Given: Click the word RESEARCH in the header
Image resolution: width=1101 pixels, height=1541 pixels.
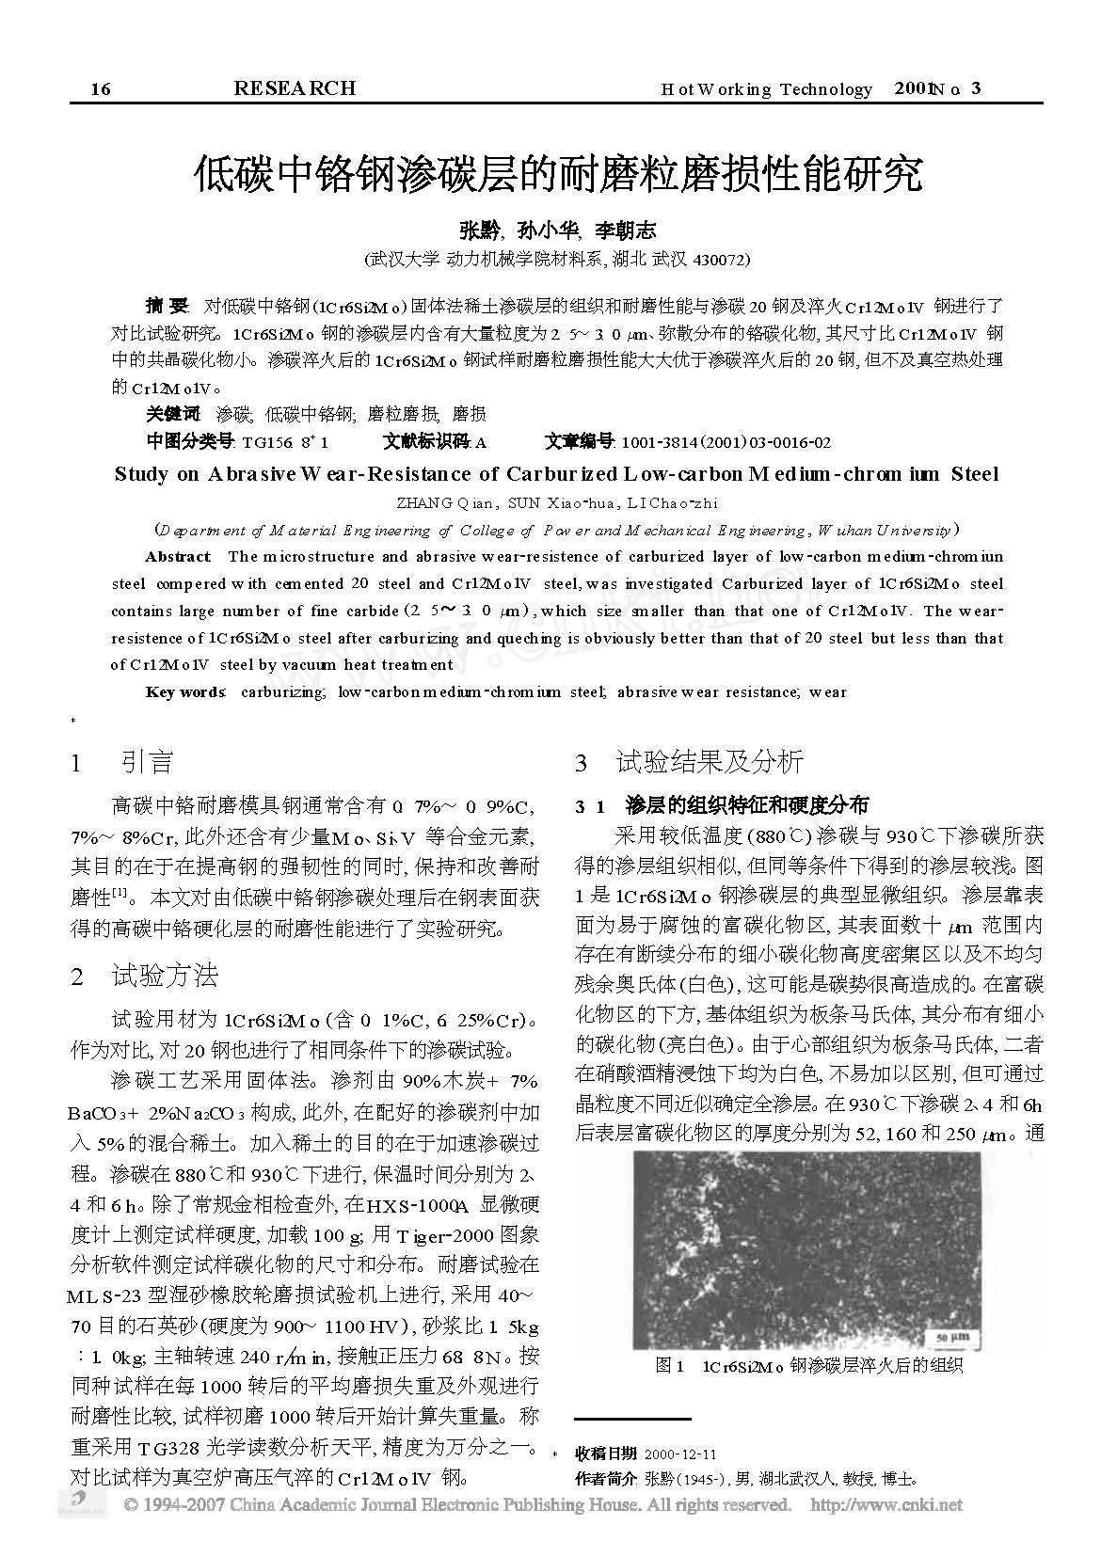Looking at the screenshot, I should click(x=294, y=88).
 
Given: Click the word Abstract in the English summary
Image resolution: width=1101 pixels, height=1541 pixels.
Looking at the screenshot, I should click(x=179, y=557).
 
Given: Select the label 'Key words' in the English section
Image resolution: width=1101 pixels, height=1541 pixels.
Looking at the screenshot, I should click(x=185, y=692).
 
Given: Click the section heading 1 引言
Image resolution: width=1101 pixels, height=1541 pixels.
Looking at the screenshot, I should click(x=123, y=762).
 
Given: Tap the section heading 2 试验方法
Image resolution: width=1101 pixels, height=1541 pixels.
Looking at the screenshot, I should click(x=145, y=977).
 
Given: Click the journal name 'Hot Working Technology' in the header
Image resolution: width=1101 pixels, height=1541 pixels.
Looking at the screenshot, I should click(x=767, y=89).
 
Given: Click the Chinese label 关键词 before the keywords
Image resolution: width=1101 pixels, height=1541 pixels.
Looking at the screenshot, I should click(x=173, y=414).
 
